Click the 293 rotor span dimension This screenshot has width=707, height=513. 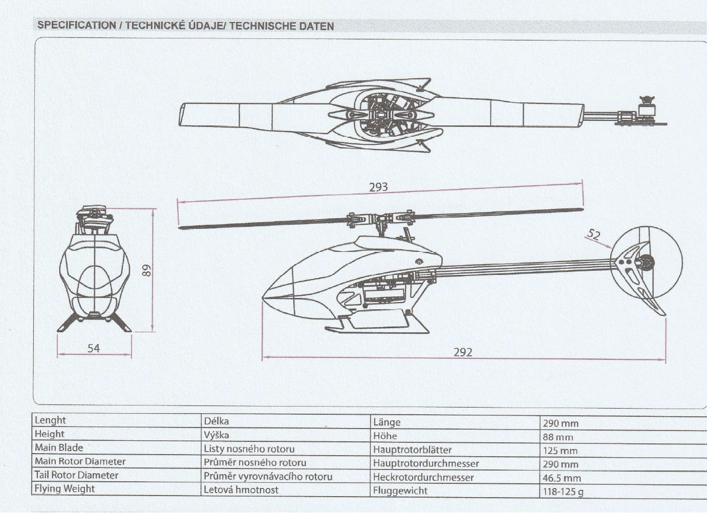(378, 187)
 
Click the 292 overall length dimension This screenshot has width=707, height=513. (462, 352)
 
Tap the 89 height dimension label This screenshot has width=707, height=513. (147, 270)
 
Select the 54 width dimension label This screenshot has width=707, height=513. (94, 348)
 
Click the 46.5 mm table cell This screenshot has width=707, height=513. (562, 478)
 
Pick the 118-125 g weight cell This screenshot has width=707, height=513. (563, 492)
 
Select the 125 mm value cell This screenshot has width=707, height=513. (560, 451)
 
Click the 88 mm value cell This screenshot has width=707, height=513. (558, 437)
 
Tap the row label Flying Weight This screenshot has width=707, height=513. (65, 488)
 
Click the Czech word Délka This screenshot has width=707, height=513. (216, 421)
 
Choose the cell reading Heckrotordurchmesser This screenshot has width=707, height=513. (423, 477)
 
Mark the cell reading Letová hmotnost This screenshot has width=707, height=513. (241, 489)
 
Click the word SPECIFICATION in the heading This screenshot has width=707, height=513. (76, 25)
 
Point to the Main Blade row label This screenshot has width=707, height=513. (58, 447)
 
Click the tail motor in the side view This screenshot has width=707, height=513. (646, 263)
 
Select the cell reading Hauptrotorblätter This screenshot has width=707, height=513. (412, 450)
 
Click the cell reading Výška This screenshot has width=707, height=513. (216, 435)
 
